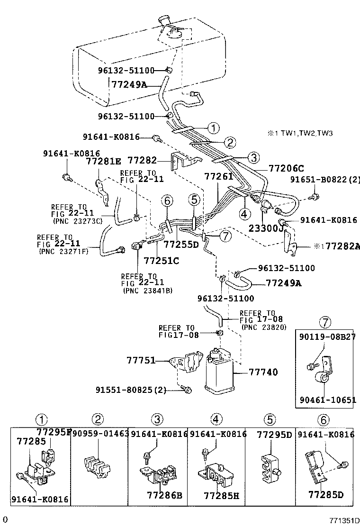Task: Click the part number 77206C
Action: (286, 168)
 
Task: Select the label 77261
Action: (218, 176)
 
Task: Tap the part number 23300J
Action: (266, 228)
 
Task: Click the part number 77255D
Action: (181, 245)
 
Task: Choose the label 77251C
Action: (161, 260)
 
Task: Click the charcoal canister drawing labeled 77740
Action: (217, 372)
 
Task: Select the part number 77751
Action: (141, 360)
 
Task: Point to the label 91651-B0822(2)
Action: (324, 180)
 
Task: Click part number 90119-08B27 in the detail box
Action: (327, 336)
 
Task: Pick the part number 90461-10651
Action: (327, 400)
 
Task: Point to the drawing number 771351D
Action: (345, 520)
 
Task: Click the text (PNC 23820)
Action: (263, 327)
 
